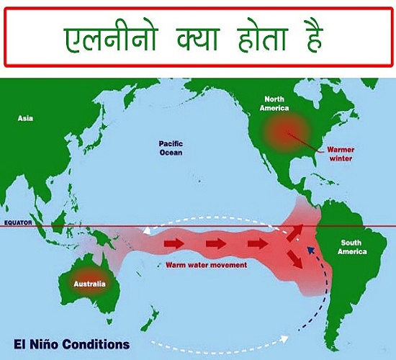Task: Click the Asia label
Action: [25, 118]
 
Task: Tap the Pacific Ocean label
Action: [171, 148]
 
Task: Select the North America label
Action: [274, 104]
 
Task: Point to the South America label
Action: [352, 247]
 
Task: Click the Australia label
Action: [90, 284]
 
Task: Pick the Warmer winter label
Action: [341, 154]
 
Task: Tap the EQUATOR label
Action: [18, 222]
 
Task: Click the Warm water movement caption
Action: [207, 265]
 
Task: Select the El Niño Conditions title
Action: [72, 344]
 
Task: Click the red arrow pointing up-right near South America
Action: [294, 233]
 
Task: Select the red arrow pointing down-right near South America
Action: [295, 259]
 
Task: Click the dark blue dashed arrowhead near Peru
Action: [310, 251]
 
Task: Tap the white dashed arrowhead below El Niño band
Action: [284, 338]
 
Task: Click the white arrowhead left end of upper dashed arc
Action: [146, 230]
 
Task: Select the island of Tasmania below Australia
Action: [109, 321]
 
